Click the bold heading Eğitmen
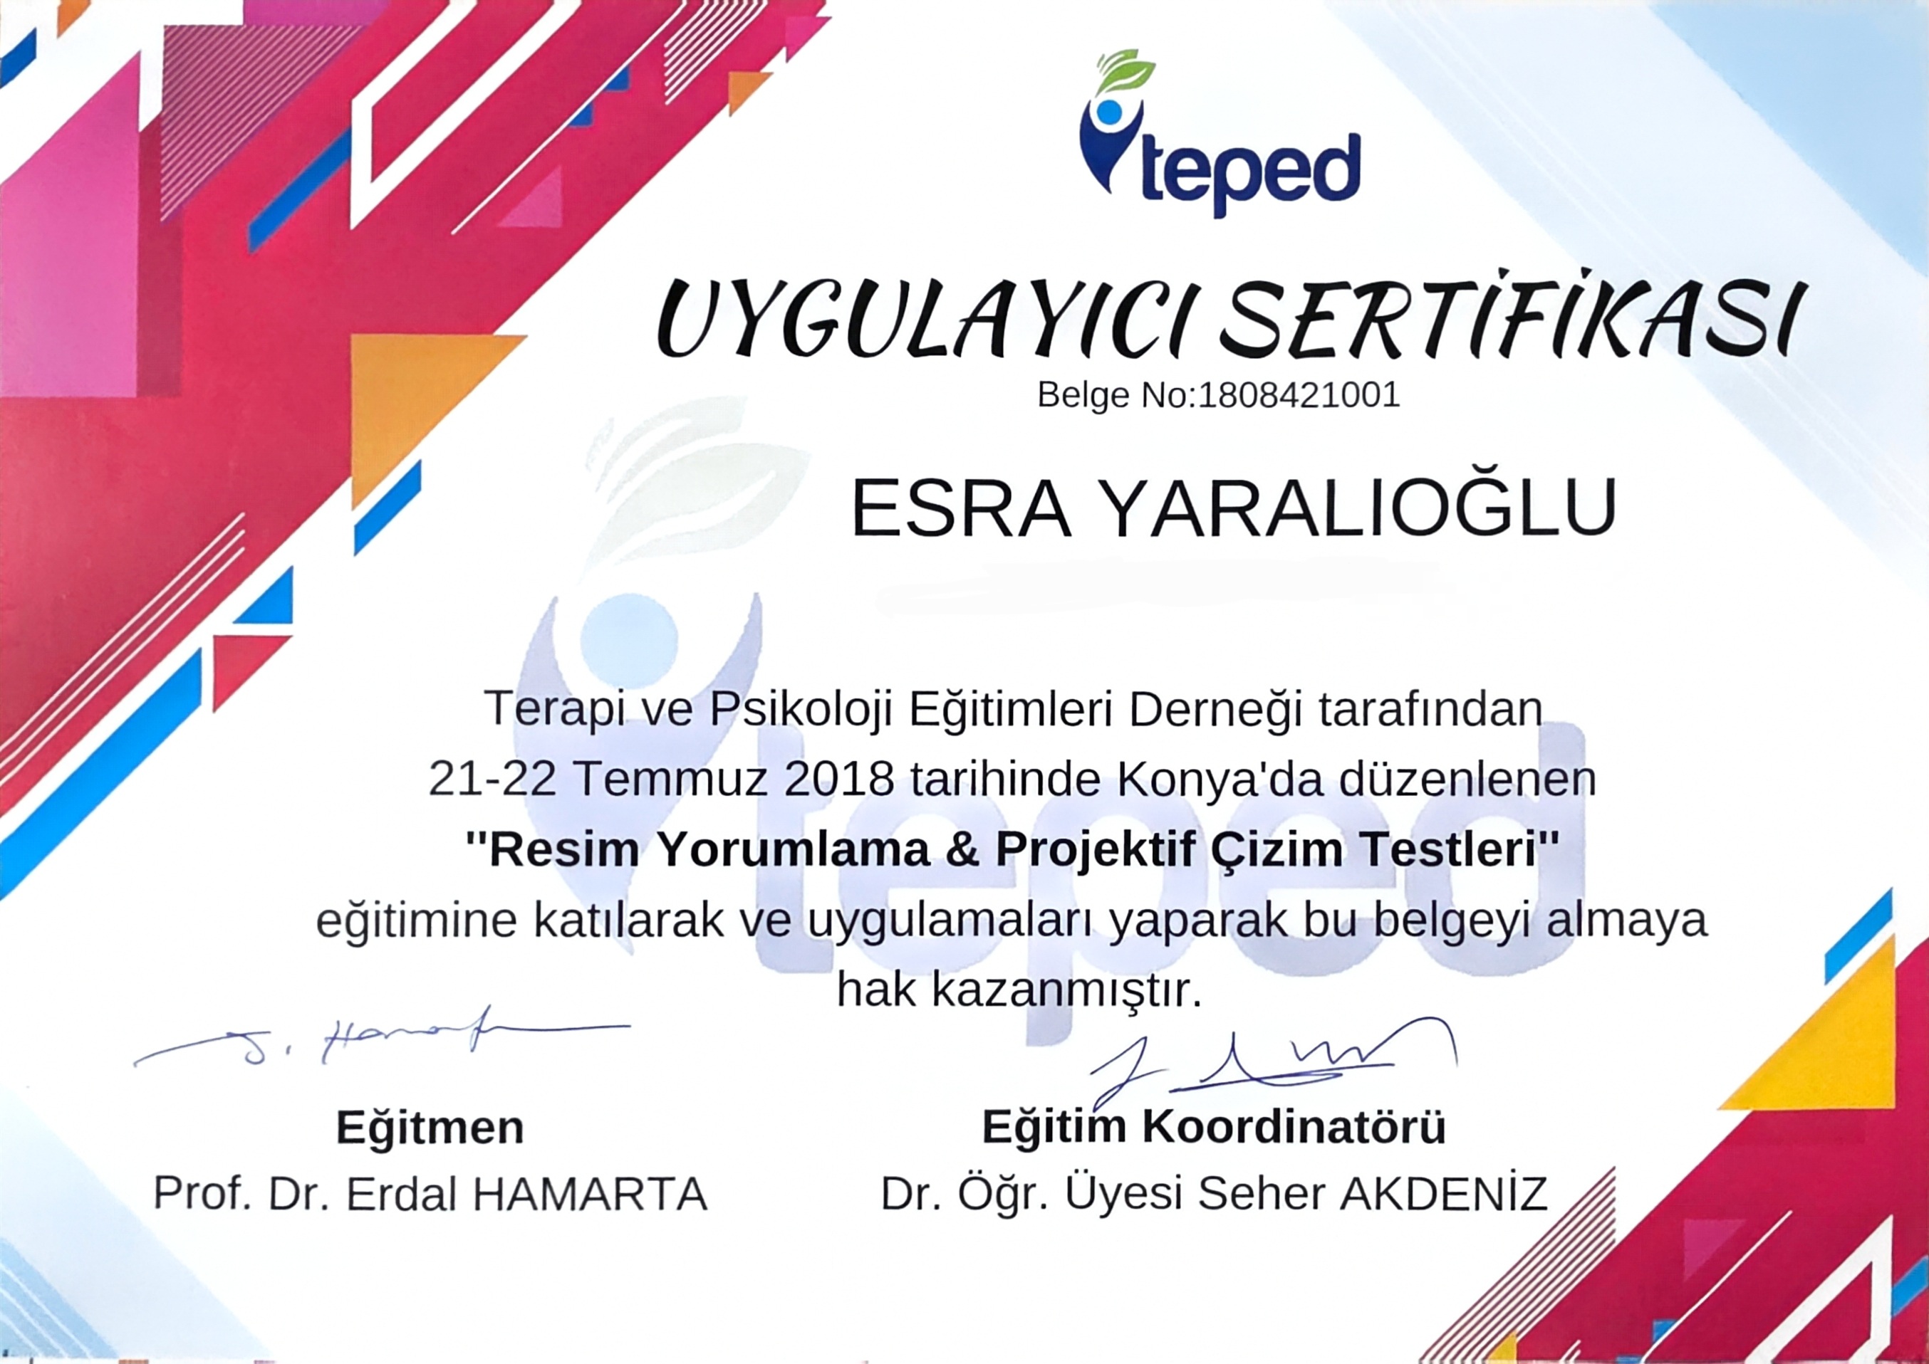click(430, 1128)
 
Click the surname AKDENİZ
click(1443, 1192)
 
